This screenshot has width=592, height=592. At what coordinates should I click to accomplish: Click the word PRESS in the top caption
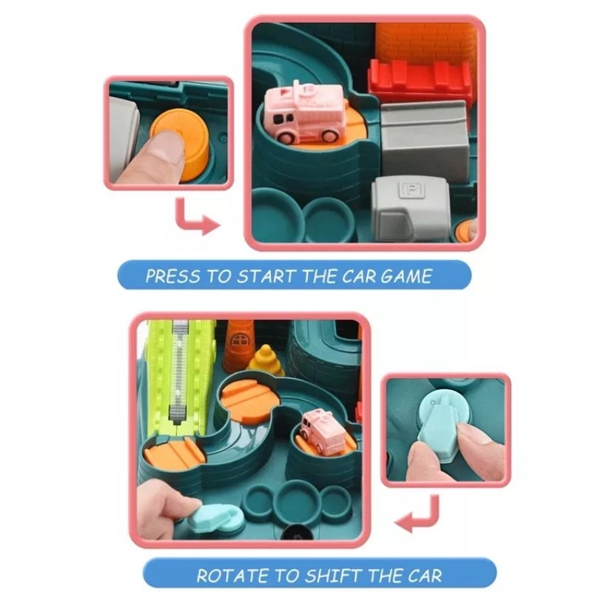point(172,275)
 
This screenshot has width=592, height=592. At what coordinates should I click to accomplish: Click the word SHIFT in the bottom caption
point(333,576)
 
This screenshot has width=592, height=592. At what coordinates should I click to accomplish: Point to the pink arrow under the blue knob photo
point(417,514)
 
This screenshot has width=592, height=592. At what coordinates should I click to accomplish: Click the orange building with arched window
point(238,345)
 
